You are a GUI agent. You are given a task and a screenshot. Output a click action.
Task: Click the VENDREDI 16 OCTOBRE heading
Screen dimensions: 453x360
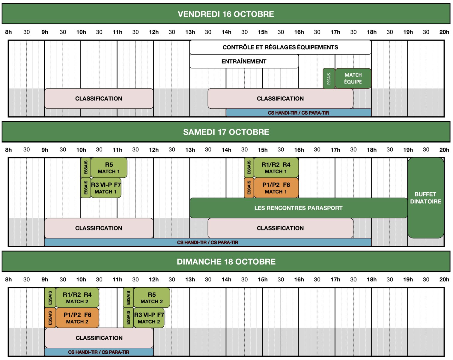pyautogui.click(x=226, y=14)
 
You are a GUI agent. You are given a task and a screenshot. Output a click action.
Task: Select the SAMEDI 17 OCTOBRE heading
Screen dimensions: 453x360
pyautogui.click(x=226, y=132)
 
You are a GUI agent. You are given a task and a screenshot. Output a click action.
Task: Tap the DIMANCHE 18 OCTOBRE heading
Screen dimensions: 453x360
pyautogui.click(x=226, y=262)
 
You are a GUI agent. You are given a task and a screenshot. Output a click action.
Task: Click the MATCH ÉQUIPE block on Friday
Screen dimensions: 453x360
pyautogui.click(x=353, y=78)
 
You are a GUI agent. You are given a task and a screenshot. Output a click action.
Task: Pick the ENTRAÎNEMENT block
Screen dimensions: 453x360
pyautogui.click(x=244, y=61)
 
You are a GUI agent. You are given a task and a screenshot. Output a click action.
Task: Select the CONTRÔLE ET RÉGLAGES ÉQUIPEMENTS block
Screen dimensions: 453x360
pyautogui.click(x=280, y=47)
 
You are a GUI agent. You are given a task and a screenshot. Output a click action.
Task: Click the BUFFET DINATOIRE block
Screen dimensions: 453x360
pyautogui.click(x=426, y=198)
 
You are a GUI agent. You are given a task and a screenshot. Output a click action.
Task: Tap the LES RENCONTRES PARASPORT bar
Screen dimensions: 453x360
pyautogui.click(x=299, y=208)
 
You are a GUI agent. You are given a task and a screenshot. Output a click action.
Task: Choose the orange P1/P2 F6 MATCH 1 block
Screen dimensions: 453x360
pyautogui.click(x=276, y=188)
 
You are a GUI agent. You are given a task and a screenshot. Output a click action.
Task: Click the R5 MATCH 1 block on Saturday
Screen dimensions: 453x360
pyautogui.click(x=109, y=168)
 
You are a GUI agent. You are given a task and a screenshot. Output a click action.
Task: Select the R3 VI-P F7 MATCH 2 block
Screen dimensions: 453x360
pyautogui.click(x=149, y=318)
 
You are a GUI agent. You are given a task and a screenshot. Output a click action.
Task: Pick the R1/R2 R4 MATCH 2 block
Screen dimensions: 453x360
pyautogui.click(x=77, y=298)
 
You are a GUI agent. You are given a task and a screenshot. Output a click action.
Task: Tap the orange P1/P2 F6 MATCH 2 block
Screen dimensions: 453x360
pyautogui.click(x=77, y=318)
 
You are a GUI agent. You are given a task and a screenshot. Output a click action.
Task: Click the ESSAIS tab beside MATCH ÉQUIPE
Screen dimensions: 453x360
pyautogui.click(x=329, y=79)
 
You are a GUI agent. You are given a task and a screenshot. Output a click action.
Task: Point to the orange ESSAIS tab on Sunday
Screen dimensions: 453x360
pyautogui.click(x=50, y=318)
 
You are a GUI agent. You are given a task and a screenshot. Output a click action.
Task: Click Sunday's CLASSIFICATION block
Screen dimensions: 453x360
pyautogui.click(x=99, y=338)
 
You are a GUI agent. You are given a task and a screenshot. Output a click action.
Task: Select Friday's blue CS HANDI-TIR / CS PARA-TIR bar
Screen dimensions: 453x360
pyautogui.click(x=299, y=113)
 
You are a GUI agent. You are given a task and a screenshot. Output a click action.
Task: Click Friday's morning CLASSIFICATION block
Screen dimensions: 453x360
pyautogui.click(x=99, y=98)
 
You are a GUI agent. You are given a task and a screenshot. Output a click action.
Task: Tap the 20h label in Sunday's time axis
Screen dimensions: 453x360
pyautogui.click(x=444, y=280)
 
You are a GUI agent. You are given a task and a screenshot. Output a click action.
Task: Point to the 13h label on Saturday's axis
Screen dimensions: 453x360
pyautogui.click(x=190, y=150)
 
